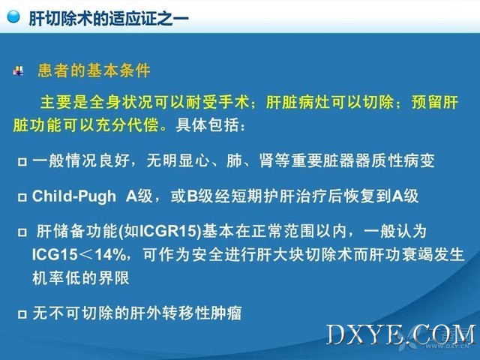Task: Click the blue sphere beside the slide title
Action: pos(13,16)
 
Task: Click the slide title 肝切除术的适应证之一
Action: pos(109,19)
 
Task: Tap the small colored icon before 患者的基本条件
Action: pos(18,70)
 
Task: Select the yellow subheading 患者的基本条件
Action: pos(94,70)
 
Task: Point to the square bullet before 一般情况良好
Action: pos(22,161)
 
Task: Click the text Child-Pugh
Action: pos(74,196)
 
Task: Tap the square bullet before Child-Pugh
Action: pos(22,196)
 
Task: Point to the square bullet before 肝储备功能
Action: pos(22,232)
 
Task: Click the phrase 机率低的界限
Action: pos(81,278)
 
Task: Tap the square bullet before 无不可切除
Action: pos(22,313)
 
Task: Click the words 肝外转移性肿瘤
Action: pos(186,313)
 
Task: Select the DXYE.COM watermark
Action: pos(401,334)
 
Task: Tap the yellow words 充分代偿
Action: pos(127,125)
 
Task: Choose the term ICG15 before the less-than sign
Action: pos(55,255)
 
